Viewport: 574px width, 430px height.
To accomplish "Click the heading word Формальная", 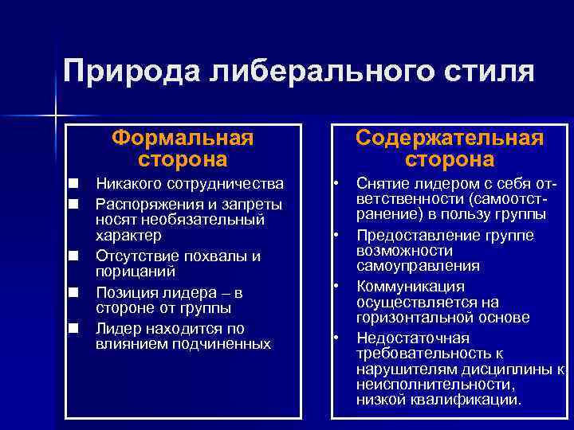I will pyautogui.click(x=183, y=138).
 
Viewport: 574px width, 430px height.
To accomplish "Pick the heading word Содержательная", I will pyautogui.click(x=450, y=138).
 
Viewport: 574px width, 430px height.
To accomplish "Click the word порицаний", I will pyautogui.click(x=132, y=271).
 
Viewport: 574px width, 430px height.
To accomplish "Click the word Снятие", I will pyautogui.click(x=382, y=185).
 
